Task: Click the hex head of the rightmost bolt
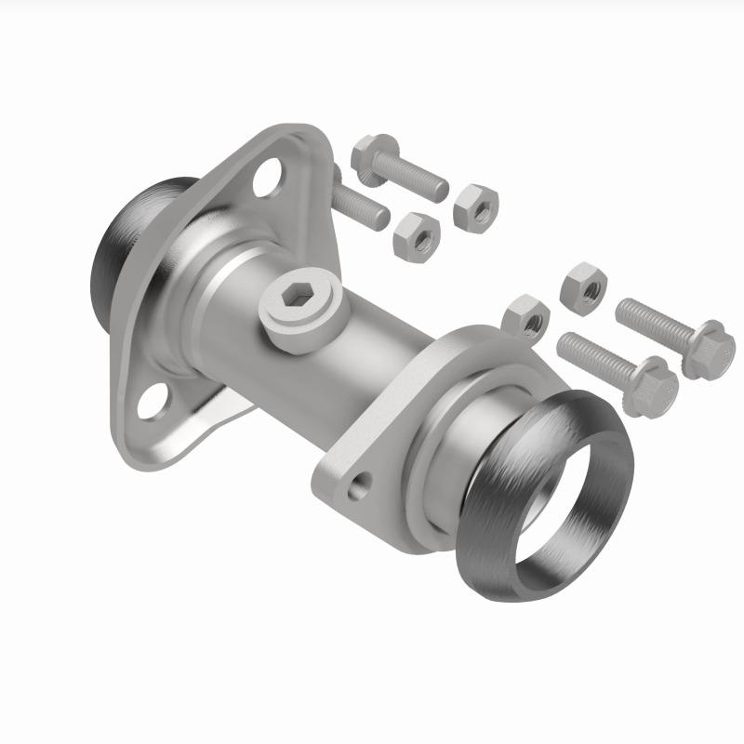pos(712,348)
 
